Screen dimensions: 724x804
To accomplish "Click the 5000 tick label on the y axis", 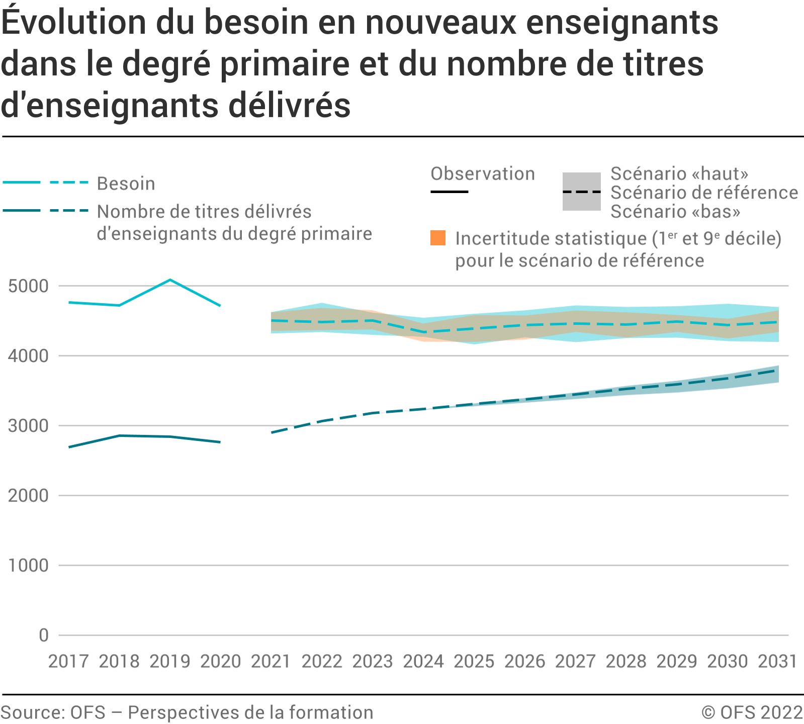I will [29, 286].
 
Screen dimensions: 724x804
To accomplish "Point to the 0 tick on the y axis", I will [44, 635].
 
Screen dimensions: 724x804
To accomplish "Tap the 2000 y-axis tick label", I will [29, 496].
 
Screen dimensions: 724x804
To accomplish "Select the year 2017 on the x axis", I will [68, 661].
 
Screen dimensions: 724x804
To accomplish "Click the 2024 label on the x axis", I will [423, 661].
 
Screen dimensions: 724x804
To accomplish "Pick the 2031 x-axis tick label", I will [777, 661].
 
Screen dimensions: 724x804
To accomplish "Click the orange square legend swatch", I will [438, 238].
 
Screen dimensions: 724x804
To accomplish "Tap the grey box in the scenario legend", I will [581, 192].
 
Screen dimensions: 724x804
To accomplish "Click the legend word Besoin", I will [126, 184].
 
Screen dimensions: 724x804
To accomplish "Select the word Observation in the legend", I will [483, 174].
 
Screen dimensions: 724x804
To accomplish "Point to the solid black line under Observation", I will [450, 192].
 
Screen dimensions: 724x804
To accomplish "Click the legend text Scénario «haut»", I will [679, 174].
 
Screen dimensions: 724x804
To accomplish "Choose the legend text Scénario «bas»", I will [675, 212].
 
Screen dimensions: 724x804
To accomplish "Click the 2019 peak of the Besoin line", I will [170, 280].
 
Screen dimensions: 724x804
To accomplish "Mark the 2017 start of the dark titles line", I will [69, 447].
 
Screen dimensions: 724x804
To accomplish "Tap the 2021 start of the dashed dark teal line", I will [272, 432].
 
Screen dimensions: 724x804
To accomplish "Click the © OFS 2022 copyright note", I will [752, 712].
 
